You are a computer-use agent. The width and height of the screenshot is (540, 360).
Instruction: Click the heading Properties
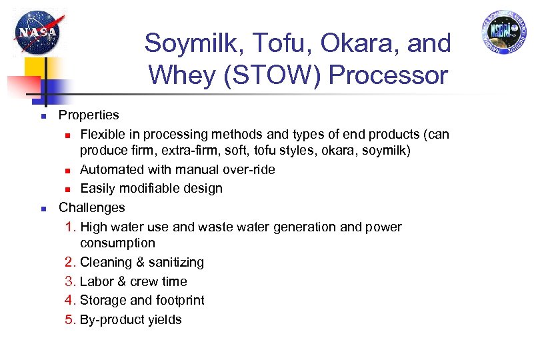89,115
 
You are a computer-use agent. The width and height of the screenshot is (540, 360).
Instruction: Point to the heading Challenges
92,207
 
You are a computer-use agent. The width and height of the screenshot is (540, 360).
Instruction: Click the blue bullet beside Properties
42,117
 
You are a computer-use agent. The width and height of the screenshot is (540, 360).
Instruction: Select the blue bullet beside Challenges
42,209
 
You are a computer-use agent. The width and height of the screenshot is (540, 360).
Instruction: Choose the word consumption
117,243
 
